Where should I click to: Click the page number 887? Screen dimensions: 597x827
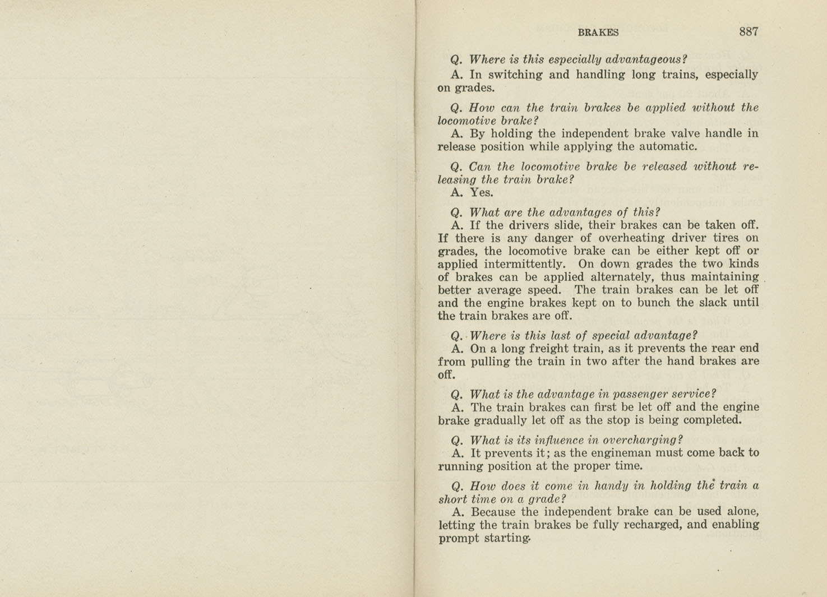(x=749, y=32)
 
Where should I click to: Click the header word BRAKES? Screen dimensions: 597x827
(x=598, y=33)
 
